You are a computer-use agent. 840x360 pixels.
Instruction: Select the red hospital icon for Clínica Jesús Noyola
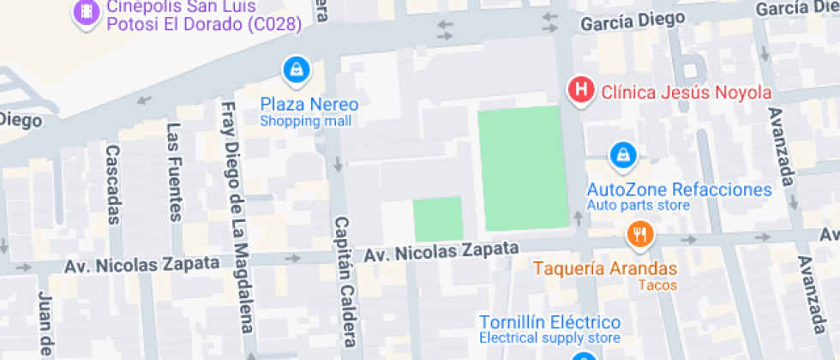coord(582,89)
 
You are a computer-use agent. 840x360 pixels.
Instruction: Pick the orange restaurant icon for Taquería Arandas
coord(639,233)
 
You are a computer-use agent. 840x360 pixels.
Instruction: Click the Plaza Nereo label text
coord(309,105)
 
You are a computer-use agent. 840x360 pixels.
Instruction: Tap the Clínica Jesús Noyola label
coord(687,92)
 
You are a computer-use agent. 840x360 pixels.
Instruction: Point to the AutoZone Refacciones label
coord(679,189)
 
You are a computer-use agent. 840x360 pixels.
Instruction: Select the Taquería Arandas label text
coord(605,268)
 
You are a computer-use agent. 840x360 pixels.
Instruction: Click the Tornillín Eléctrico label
coord(549,322)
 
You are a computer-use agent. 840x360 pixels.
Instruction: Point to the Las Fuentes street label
coord(174,171)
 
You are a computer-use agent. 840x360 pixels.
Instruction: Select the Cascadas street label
coord(112,183)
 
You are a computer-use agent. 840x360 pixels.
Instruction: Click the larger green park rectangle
coord(522,168)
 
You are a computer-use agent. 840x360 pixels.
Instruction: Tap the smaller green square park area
coord(438,219)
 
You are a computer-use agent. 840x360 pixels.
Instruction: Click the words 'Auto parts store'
coord(638,206)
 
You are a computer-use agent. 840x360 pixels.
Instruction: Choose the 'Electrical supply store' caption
coord(549,339)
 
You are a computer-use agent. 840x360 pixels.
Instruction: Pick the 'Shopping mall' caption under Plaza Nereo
coord(306,122)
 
